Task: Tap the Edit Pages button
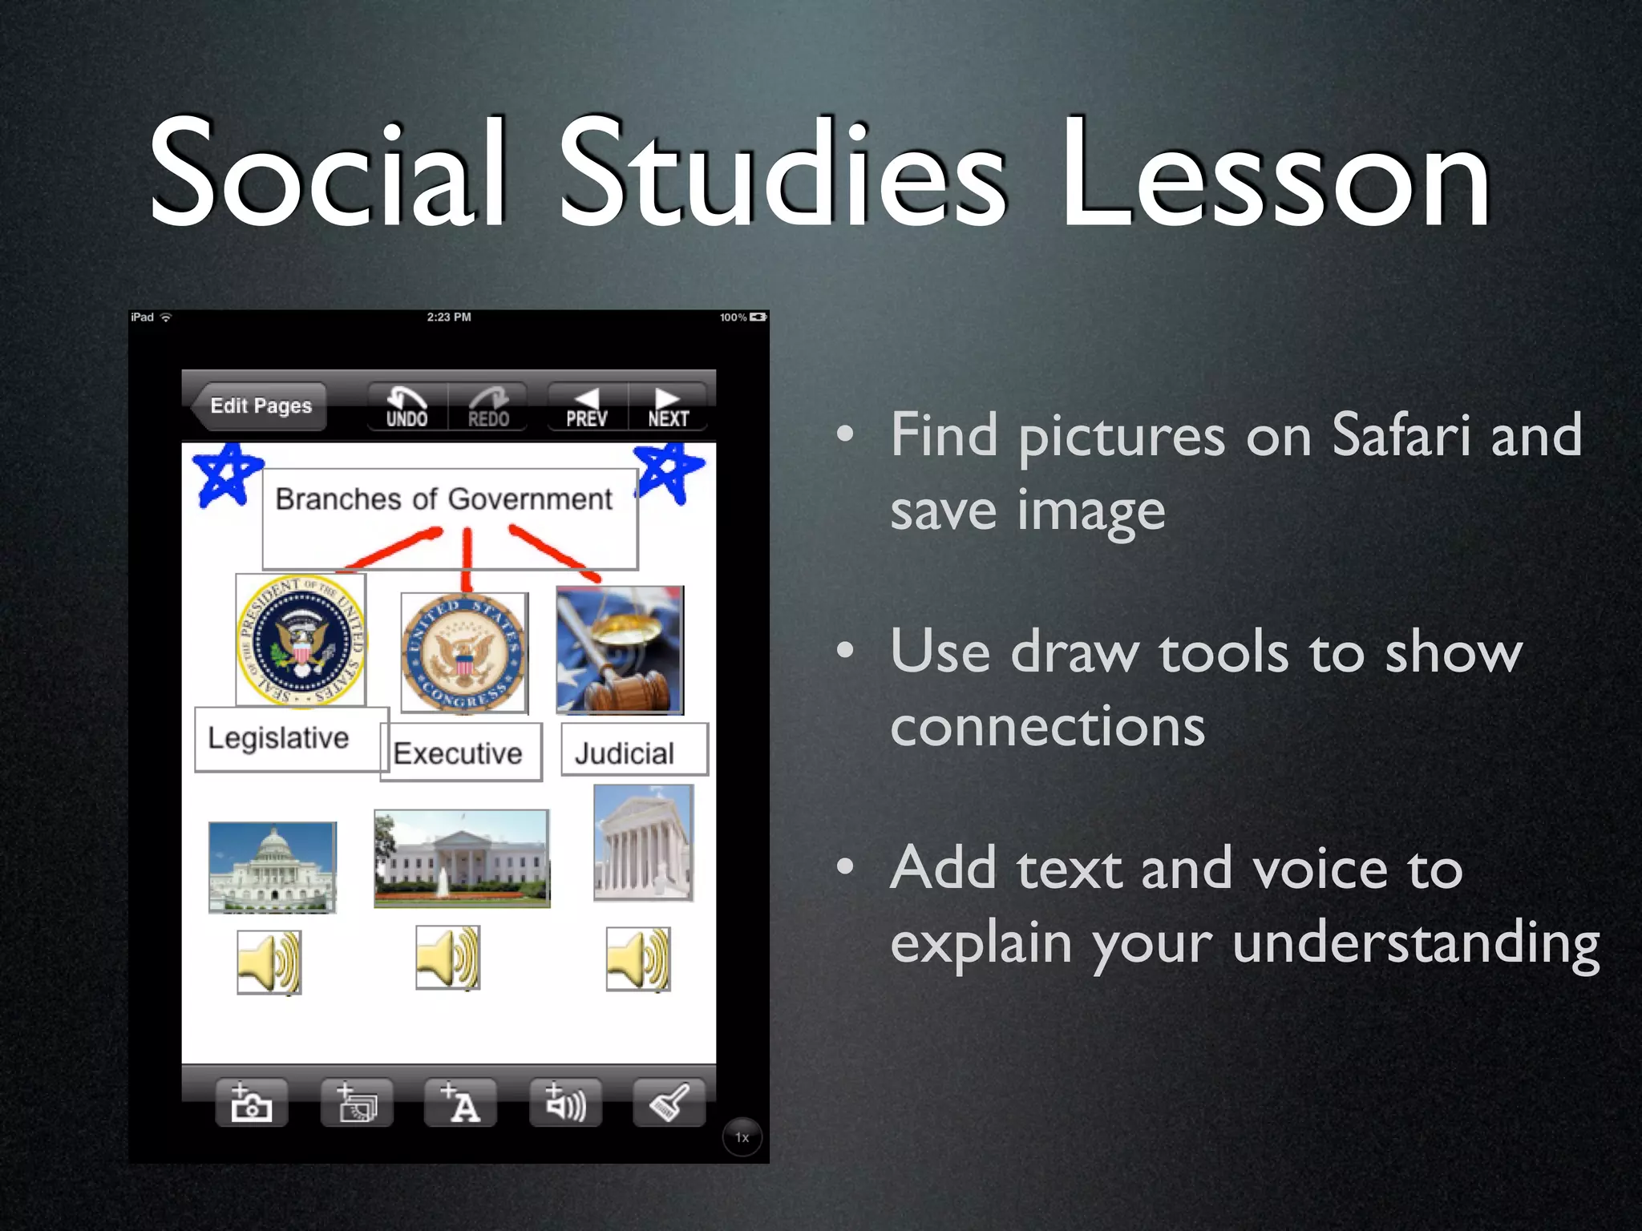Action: (x=260, y=406)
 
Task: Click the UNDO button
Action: (x=406, y=407)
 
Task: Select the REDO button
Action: (x=488, y=407)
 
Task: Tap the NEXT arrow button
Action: (x=668, y=407)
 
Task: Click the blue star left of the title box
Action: (x=227, y=475)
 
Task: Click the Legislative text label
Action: (x=278, y=738)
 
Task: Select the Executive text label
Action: (x=458, y=753)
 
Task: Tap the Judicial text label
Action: (x=625, y=753)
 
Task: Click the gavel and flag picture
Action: (x=620, y=650)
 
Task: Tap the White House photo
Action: (x=462, y=858)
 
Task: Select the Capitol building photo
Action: (x=273, y=867)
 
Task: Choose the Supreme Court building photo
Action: (x=643, y=843)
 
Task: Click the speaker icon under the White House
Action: (x=448, y=958)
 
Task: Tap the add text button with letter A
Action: (x=460, y=1103)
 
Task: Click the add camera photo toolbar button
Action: (x=252, y=1103)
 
